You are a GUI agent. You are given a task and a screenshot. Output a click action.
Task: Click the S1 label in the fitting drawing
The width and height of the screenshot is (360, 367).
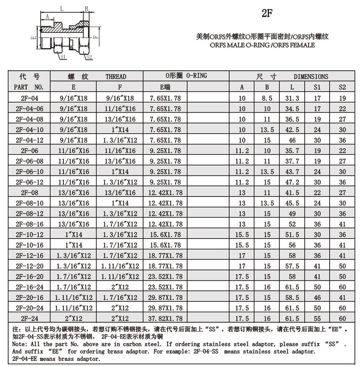63,56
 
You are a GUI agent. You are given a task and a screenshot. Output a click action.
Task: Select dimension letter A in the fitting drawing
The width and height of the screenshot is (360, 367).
47,16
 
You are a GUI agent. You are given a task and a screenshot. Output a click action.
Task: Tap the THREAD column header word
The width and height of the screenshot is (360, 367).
116,76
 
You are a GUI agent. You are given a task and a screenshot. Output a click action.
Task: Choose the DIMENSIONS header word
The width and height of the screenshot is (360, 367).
311,76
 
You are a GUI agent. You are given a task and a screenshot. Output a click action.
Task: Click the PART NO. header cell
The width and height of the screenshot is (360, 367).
29,87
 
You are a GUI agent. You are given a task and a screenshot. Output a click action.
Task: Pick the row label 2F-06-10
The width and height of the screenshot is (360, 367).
29,171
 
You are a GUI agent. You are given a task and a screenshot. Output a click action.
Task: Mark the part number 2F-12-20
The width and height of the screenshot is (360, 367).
29,266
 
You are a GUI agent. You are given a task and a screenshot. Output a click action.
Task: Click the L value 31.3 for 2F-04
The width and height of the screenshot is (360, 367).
292,98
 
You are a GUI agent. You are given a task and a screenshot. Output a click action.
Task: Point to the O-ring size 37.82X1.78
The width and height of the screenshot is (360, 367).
166,318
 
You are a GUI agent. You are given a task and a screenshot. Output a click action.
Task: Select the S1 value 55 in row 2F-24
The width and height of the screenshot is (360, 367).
317,318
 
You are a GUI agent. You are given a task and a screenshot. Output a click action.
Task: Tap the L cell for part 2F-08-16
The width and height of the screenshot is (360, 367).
292,224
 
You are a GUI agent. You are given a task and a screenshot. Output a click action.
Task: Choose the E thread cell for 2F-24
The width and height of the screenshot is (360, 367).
73,318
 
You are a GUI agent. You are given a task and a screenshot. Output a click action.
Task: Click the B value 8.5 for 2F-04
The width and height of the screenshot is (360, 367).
267,98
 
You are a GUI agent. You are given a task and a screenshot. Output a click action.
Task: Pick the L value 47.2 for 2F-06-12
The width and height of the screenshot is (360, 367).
292,182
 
